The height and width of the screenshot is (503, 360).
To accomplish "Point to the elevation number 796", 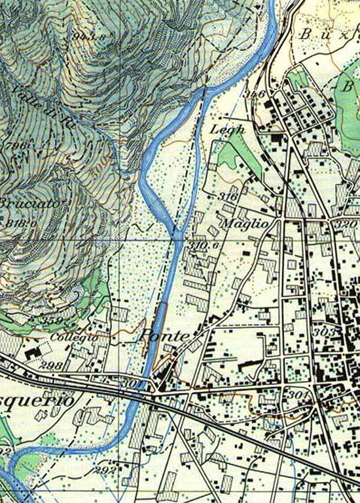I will [x=14, y=145].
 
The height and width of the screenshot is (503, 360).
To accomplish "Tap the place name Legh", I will [x=227, y=130].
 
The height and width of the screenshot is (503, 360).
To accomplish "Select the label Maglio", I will [x=245, y=223].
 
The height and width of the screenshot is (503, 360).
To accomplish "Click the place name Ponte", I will [x=164, y=337].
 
